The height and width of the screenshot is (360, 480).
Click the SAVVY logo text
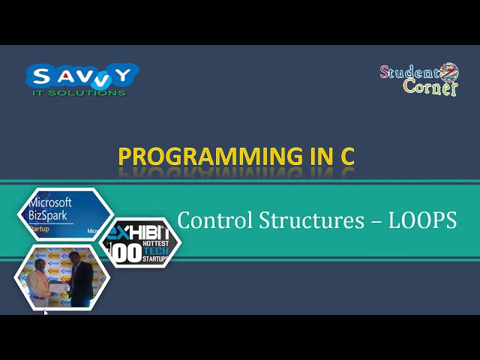pyautogui.click(x=82, y=76)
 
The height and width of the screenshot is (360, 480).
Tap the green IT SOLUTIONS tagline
pyautogui.click(x=79, y=93)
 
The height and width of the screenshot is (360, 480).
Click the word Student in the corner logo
pyautogui.click(x=409, y=73)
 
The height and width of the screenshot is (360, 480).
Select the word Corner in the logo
pyautogui.click(x=429, y=88)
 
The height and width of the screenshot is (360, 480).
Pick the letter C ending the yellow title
pyautogui.click(x=345, y=157)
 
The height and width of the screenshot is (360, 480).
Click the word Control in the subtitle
pyautogui.click(x=214, y=220)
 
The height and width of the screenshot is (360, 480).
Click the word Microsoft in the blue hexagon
pyautogui.click(x=50, y=202)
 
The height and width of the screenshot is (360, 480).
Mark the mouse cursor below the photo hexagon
pyautogui.click(x=45, y=313)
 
